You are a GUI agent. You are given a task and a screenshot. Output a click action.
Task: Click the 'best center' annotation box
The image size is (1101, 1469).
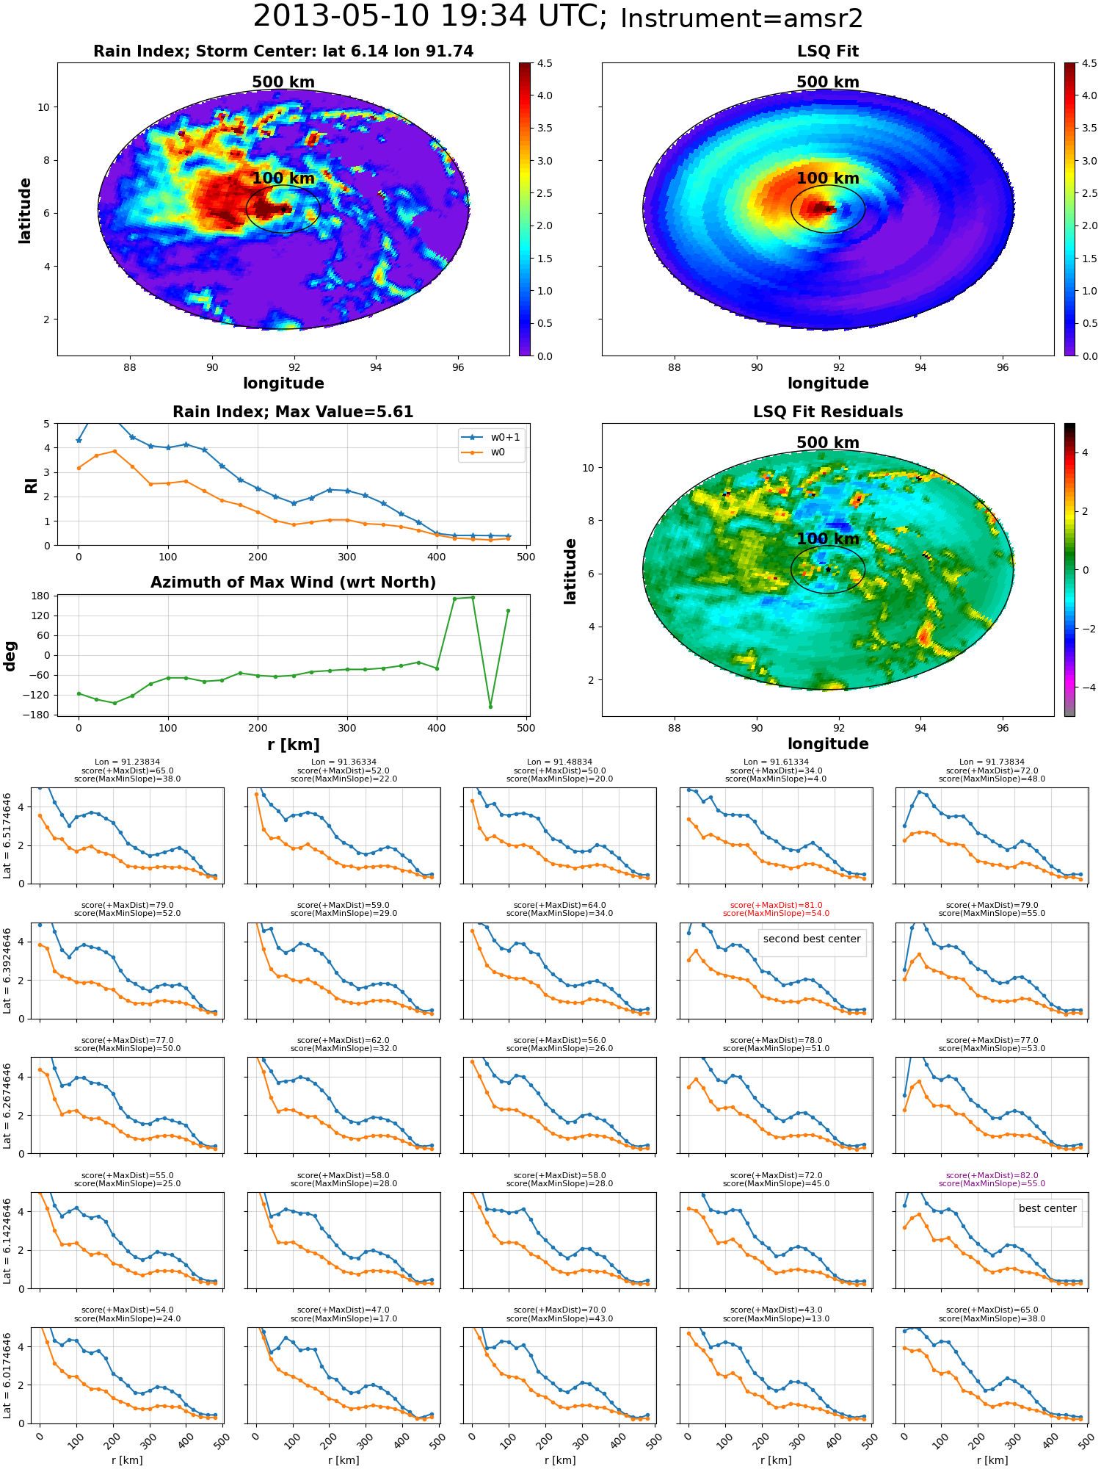(x=1047, y=1209)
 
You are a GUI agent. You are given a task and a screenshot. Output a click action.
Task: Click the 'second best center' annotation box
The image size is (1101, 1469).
(x=812, y=939)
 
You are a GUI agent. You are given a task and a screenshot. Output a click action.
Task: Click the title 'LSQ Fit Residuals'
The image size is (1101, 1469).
(x=828, y=412)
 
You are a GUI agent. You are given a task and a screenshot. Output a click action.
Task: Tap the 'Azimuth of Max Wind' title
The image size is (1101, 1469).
(x=293, y=582)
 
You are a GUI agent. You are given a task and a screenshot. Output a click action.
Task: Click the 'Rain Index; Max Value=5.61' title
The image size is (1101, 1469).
(x=293, y=412)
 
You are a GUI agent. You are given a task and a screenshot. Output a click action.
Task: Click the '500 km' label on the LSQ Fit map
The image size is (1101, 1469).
(x=828, y=82)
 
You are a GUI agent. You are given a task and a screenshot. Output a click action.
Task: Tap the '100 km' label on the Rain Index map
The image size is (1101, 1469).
(x=283, y=178)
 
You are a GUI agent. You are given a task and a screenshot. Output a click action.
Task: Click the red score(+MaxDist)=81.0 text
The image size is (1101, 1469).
(x=776, y=906)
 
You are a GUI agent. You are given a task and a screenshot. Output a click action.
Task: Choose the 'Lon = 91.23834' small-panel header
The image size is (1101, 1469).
(x=127, y=762)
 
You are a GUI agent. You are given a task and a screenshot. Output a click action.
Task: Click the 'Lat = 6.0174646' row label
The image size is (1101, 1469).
(x=7, y=1375)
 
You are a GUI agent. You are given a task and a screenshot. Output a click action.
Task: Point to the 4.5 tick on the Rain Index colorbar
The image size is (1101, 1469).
(x=545, y=63)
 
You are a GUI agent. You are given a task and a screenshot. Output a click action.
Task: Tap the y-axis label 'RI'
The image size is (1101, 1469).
(x=32, y=486)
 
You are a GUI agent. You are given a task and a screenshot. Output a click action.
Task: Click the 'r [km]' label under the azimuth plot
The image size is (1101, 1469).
(x=293, y=745)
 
